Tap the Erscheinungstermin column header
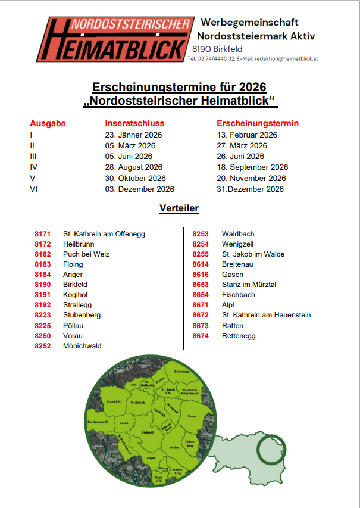(x=258, y=124)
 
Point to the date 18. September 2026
(x=252, y=167)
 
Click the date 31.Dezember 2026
(x=250, y=189)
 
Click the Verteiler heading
(x=179, y=209)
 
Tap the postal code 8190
(x=43, y=285)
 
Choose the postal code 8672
(x=201, y=315)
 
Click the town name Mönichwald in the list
(x=82, y=346)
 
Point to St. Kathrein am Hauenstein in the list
(x=266, y=315)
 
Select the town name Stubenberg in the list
(x=82, y=315)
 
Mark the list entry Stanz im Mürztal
(x=249, y=285)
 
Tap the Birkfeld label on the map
(x=147, y=432)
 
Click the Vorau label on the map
(x=191, y=416)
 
